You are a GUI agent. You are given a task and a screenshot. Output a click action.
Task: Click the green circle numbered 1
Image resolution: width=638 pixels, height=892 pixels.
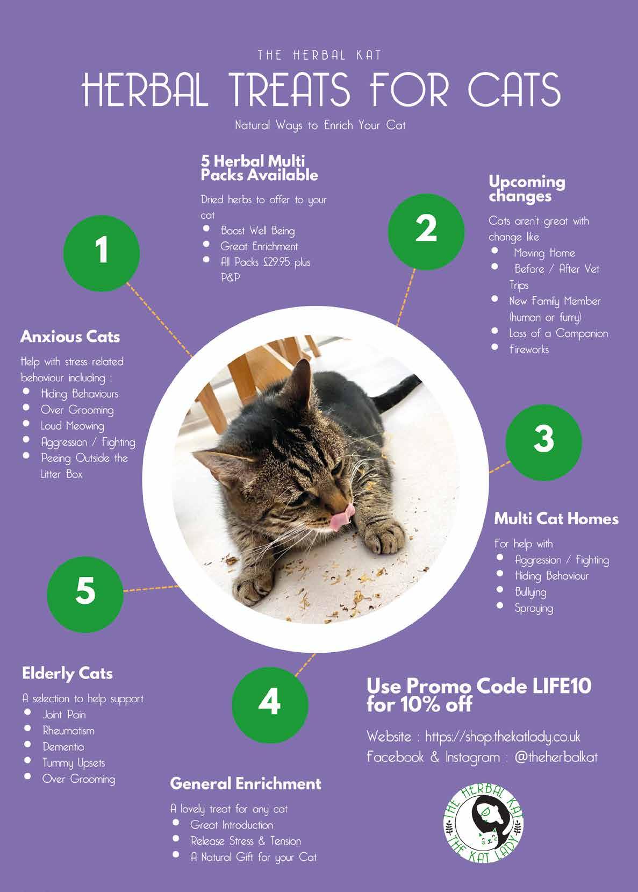point(102,253)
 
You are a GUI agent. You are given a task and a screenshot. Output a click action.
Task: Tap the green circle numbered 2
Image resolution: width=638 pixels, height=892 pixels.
point(426,232)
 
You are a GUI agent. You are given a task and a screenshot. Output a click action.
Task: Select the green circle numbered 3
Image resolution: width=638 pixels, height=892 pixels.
point(544,443)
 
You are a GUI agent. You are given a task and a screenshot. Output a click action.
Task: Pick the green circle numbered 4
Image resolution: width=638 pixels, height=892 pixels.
point(270,705)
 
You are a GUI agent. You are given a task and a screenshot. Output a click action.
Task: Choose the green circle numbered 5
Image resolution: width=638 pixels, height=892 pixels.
point(85,595)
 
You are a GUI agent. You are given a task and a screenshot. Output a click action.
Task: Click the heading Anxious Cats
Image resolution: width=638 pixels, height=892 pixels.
point(70,337)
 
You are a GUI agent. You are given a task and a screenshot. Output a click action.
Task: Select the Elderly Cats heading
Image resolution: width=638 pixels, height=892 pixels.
point(67,673)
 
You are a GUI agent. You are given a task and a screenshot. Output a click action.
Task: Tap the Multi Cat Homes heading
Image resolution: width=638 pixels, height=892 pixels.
point(556,519)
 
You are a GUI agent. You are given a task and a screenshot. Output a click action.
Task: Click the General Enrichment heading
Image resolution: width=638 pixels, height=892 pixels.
point(246,784)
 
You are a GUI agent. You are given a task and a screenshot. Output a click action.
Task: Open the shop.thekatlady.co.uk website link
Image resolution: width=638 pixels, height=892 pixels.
point(503,737)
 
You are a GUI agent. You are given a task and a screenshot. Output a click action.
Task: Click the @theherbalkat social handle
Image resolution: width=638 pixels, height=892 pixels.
point(556,757)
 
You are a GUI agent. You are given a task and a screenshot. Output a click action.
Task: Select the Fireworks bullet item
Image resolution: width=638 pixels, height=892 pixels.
point(529,349)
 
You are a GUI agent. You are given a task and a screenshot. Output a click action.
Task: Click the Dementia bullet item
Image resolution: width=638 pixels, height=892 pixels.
point(63,747)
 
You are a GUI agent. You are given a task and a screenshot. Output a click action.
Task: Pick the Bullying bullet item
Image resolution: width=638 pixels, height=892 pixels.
point(531,593)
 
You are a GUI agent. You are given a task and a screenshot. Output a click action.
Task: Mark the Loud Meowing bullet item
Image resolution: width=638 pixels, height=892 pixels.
point(73,426)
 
